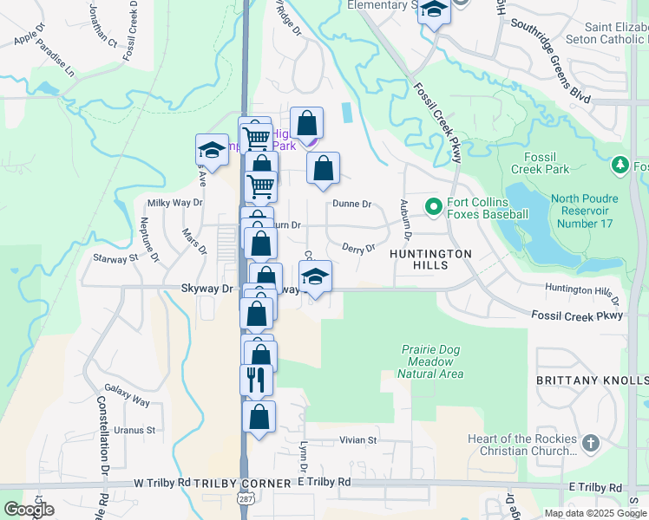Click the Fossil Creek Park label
pos(540,162)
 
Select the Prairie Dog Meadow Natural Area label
pos(430,361)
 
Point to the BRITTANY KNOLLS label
pos(592,381)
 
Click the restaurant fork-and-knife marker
pos(256,379)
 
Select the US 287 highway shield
pos(246,502)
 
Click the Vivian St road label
pos(358,440)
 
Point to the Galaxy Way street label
pos(127,396)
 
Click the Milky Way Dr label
pos(174,203)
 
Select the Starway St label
pos(116,258)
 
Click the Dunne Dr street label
pos(352,205)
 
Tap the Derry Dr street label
pos(357,249)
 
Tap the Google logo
pos(29,510)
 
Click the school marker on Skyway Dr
pos(315,277)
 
